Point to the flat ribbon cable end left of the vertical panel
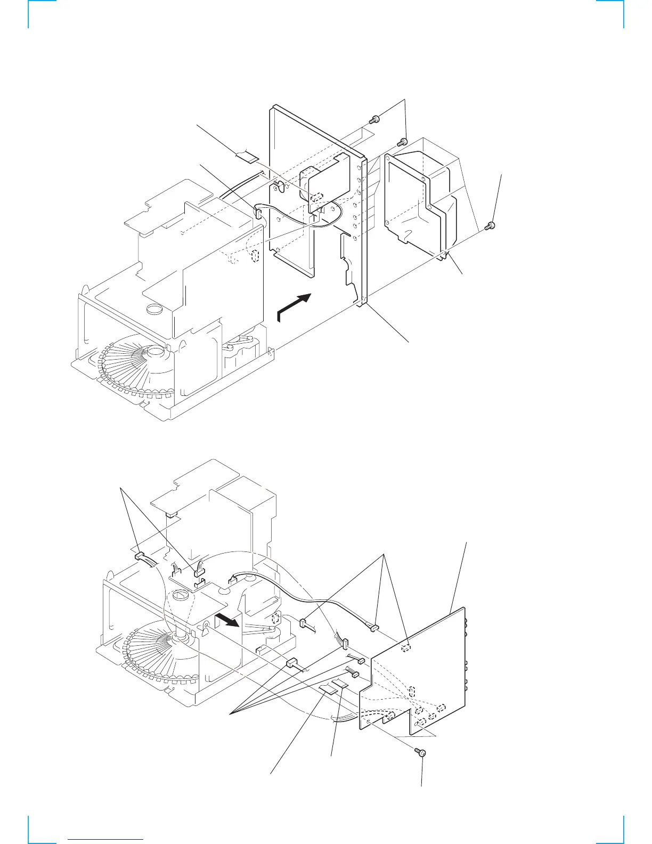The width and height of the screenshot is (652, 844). [246, 156]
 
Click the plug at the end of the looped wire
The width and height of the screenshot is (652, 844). [258, 214]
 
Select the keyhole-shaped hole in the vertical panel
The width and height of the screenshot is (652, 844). [278, 185]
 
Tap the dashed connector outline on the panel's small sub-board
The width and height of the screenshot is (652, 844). [315, 196]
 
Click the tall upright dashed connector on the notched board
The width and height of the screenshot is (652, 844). [412, 693]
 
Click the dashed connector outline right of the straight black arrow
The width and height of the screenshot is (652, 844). [275, 619]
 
